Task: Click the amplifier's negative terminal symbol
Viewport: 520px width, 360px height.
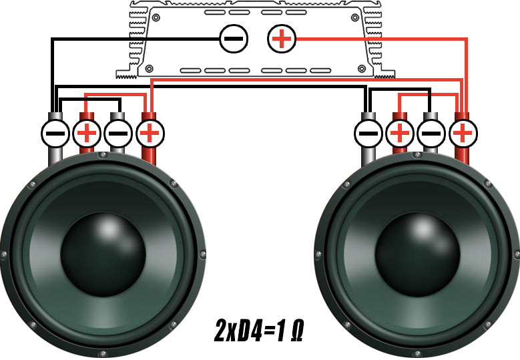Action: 234,39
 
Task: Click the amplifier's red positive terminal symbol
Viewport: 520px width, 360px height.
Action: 282,39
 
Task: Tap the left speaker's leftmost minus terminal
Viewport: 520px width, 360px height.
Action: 55,134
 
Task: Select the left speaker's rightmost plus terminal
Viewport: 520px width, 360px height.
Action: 150,134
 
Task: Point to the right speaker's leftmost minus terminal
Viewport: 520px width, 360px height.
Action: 368,134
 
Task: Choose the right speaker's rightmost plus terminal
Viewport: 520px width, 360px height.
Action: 463,134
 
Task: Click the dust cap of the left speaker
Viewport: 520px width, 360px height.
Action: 103,254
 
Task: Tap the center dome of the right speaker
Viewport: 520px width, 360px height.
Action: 417,254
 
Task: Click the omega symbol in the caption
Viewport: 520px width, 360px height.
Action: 296,331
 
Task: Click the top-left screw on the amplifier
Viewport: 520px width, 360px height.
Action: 156,17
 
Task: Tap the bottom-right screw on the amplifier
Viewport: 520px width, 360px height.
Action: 362,69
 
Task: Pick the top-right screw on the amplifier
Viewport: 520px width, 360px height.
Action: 355,17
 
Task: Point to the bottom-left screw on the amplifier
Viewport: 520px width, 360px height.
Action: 150,69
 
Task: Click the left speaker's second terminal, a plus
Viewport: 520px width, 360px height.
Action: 87,134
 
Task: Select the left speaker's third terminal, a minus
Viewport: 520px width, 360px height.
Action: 118,134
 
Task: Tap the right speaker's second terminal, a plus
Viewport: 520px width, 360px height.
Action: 400,134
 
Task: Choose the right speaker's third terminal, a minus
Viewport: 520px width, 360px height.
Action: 431,134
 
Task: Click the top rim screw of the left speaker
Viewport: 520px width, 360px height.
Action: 103,155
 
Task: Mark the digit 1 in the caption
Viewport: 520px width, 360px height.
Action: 280,331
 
